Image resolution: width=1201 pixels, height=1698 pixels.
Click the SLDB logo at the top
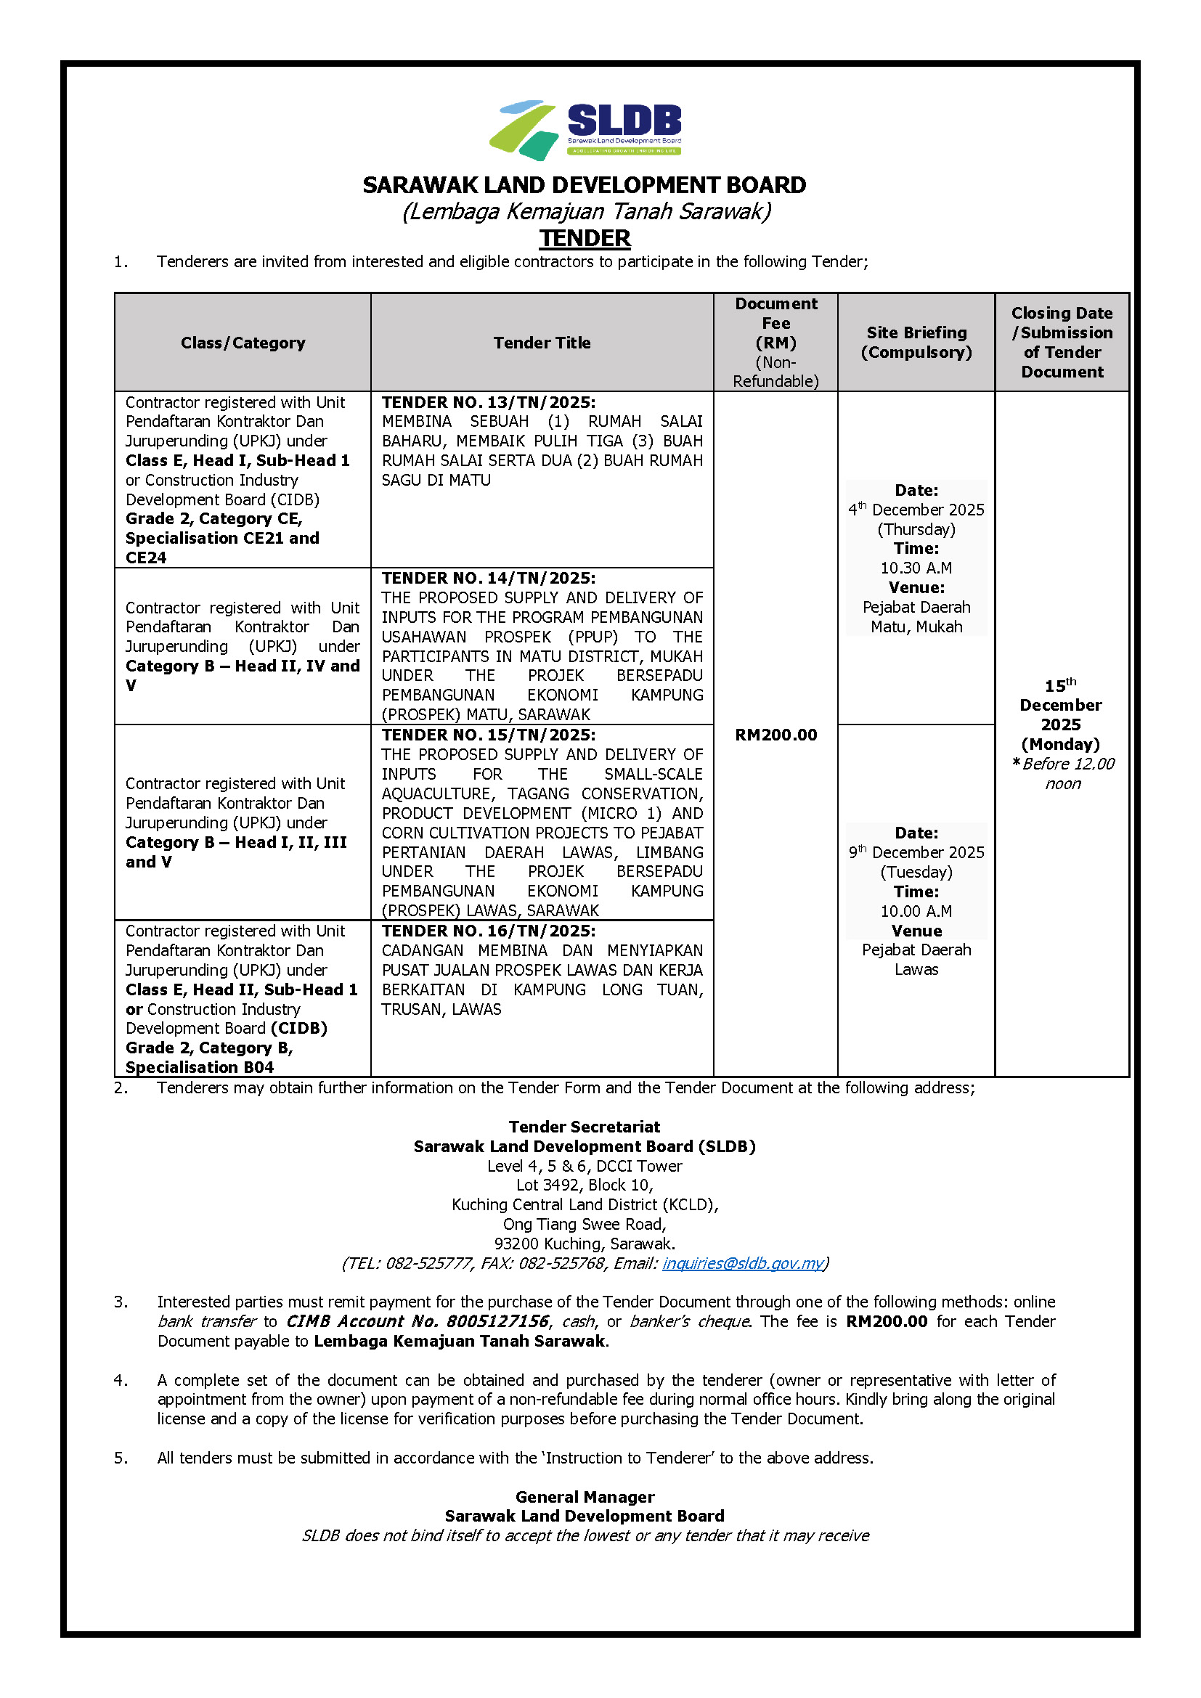[x=585, y=129]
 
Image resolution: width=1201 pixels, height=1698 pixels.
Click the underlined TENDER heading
[x=585, y=238]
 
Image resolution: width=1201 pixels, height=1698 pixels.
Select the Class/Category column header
[x=243, y=343]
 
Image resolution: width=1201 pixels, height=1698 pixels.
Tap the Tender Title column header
[x=542, y=343]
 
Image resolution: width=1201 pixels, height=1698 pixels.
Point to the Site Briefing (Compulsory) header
[x=916, y=343]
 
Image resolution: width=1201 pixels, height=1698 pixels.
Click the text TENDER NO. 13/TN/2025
[x=488, y=402]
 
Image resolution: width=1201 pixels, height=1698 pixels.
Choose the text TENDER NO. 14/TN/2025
[x=488, y=579]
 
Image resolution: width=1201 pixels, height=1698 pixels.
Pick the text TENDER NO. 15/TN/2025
[x=488, y=735]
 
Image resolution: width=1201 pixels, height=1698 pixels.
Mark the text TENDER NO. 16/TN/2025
[x=488, y=931]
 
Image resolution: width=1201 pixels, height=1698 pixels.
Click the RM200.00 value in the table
[x=775, y=735]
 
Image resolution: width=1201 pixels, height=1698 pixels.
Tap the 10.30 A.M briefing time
[x=916, y=568]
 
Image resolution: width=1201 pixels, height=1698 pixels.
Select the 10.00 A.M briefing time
[x=916, y=911]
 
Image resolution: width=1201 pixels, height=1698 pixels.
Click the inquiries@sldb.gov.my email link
[x=743, y=1263]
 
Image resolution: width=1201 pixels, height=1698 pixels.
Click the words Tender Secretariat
[x=585, y=1127]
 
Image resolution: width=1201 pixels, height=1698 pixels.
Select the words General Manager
[x=585, y=1497]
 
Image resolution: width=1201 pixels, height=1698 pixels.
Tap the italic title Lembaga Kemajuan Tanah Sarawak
[x=586, y=211]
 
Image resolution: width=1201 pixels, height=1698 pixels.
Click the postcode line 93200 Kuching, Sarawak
[x=585, y=1244]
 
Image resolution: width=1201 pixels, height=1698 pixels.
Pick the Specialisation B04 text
[x=200, y=1067]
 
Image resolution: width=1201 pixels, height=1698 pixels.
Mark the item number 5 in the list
[x=121, y=1458]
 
